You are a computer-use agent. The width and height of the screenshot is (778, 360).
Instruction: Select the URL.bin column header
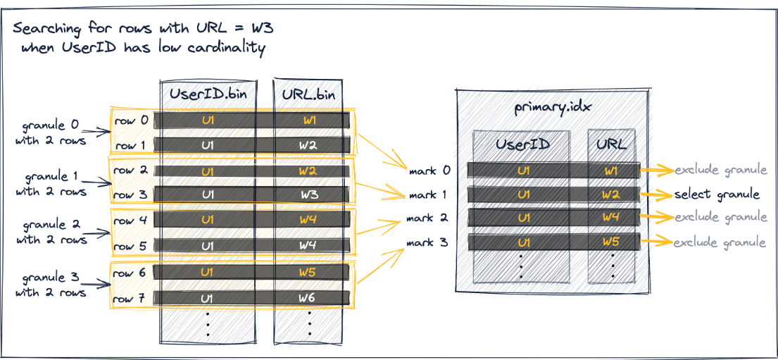click(x=309, y=93)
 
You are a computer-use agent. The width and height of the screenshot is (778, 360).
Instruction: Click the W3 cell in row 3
click(x=310, y=194)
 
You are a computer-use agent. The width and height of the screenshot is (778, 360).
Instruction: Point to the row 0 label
click(x=132, y=120)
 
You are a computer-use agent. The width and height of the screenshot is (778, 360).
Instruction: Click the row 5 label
click(x=132, y=247)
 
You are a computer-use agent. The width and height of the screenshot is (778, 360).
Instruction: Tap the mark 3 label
click(x=428, y=243)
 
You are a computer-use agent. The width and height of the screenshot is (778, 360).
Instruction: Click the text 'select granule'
click(x=717, y=194)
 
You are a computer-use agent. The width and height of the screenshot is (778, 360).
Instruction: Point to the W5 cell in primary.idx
click(x=612, y=242)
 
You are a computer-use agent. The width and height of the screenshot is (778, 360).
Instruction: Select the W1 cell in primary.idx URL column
click(x=612, y=170)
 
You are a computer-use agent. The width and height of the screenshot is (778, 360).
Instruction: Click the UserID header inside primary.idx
click(x=522, y=145)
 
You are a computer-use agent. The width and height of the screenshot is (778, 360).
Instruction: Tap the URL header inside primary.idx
click(x=612, y=145)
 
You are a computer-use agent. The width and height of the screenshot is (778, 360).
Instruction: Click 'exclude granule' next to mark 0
click(x=720, y=170)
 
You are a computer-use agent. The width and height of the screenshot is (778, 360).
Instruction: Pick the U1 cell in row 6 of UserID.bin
click(x=207, y=271)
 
